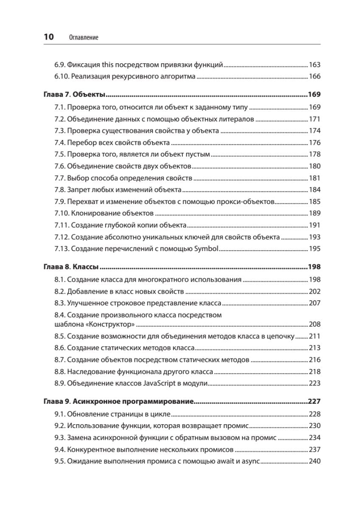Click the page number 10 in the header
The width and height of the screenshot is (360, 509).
48,37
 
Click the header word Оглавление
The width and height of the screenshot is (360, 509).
83,38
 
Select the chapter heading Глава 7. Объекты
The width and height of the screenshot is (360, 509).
75,94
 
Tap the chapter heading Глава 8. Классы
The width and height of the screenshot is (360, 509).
72,267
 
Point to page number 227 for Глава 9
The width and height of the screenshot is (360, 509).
314,401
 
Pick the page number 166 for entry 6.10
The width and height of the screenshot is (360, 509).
315,77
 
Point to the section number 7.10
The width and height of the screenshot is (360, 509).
62,213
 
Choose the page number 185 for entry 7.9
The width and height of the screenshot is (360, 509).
315,201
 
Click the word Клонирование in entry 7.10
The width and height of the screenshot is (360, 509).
92,213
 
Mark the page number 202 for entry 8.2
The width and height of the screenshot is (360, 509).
315,291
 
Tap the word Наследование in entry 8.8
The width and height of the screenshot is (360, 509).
87,372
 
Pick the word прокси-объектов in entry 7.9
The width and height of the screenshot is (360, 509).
251,201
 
